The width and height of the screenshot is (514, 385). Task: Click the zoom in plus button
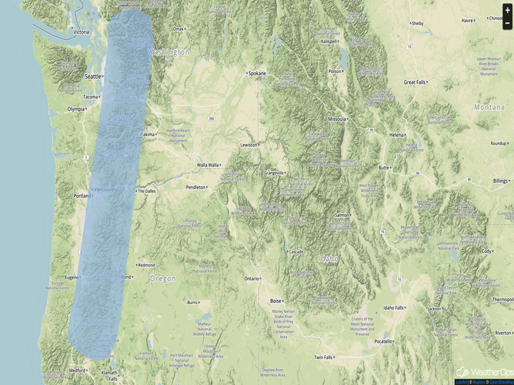507,10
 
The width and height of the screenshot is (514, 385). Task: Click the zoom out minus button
507,23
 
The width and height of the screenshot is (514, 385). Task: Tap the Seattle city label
93,77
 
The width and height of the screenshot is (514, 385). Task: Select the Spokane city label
256,73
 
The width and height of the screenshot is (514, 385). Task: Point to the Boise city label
276,301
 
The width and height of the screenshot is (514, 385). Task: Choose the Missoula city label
336,119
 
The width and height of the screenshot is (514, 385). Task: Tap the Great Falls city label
414,82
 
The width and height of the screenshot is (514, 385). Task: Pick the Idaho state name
329,258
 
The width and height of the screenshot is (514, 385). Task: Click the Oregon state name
163,279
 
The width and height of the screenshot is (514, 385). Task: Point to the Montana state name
489,108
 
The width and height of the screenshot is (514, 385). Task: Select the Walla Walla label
208,165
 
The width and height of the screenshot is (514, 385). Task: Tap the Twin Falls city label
323,358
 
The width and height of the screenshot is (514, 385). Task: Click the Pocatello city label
383,341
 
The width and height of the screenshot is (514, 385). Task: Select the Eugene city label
72,277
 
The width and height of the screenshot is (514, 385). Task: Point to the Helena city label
396,135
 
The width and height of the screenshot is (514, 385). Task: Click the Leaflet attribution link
462,382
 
